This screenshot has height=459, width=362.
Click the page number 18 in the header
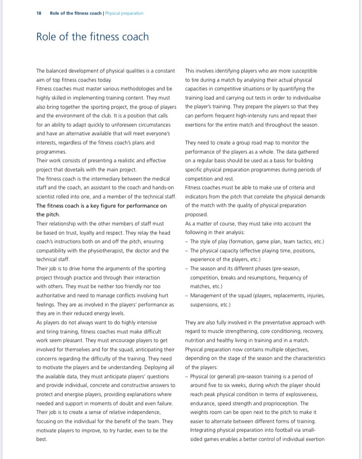[39, 13]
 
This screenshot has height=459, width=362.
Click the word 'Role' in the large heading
[47, 37]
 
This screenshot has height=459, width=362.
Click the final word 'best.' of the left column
[42, 439]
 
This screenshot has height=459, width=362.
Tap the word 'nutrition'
[196, 340]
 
